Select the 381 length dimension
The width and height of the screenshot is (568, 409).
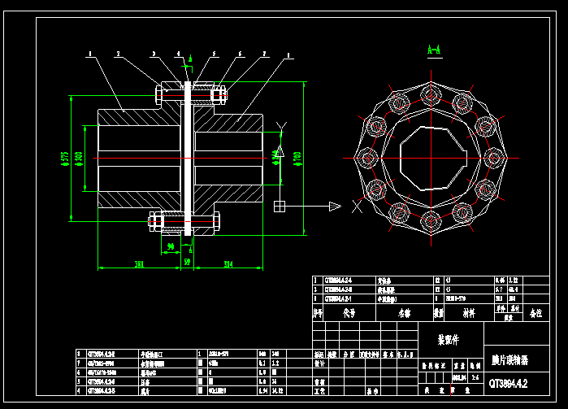point(139,263)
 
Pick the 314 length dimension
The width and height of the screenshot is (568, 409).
point(228,263)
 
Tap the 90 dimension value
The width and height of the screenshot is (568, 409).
point(171,246)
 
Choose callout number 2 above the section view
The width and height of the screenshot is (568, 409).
point(118,54)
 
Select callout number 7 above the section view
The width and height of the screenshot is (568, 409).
point(265,54)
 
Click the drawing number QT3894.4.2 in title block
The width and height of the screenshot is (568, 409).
point(509,382)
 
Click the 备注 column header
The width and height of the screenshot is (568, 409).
point(536,311)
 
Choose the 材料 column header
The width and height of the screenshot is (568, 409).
point(468,311)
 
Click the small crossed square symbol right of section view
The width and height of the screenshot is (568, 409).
point(280,205)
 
